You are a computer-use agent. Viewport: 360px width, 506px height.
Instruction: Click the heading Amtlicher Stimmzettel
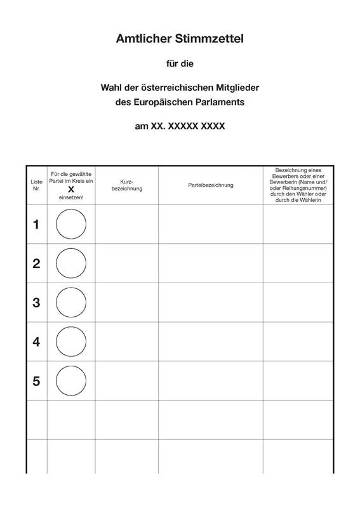[180, 39]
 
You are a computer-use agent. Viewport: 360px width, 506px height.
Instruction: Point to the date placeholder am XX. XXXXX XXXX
[180, 126]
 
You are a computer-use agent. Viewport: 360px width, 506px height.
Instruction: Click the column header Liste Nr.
[36, 185]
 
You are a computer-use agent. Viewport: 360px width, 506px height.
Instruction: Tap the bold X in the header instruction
[71, 189]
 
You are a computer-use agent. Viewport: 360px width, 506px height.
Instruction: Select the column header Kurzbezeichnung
[127, 185]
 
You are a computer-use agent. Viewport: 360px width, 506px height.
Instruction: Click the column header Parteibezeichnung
[211, 185]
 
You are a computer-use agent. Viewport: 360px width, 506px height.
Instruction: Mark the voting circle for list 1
[71, 224]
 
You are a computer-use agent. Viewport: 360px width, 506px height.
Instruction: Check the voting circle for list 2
[71, 263]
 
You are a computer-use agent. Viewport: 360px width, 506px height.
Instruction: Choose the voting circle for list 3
[71, 303]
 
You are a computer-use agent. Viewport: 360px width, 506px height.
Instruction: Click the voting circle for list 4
[71, 342]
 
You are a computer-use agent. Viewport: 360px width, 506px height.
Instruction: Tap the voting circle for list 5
[71, 381]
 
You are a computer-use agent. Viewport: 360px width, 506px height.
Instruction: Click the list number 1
[36, 224]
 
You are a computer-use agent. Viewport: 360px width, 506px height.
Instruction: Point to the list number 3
[36, 303]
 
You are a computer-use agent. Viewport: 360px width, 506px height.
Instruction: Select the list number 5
[36, 381]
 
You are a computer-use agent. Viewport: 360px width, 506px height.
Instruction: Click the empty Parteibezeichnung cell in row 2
[211, 263]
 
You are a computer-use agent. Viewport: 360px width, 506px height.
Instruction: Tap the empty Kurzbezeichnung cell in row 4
[127, 342]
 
